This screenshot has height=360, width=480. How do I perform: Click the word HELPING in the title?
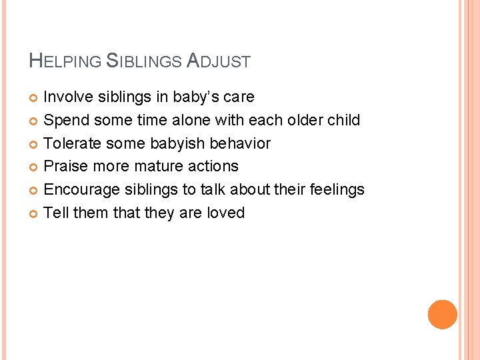(x=65, y=61)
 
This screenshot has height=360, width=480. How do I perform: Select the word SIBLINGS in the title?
(x=144, y=61)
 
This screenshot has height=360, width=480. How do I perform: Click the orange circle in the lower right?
(x=443, y=314)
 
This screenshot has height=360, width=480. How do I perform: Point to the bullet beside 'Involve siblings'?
(x=35, y=98)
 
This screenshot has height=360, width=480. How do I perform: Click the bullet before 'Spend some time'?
(x=35, y=121)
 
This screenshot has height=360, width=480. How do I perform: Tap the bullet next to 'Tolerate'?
(x=35, y=144)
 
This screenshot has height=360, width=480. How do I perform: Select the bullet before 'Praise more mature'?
(x=35, y=167)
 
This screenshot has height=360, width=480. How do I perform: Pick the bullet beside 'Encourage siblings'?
(x=35, y=191)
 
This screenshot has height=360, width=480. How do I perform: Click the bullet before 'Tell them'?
(x=35, y=214)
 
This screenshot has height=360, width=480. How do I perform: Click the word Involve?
(x=68, y=97)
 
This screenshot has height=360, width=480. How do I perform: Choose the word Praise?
(x=65, y=166)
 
